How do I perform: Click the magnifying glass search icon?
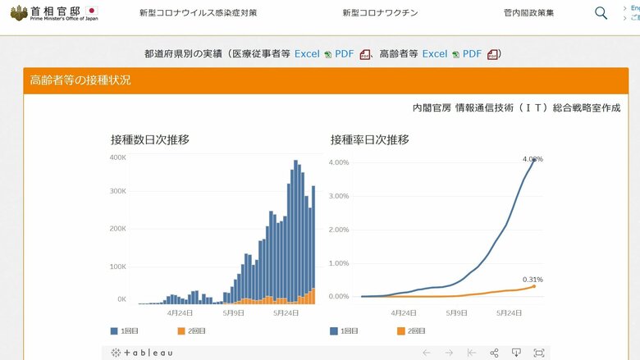coord(601,13)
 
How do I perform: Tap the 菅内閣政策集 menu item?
coord(528,13)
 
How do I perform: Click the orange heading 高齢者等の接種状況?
coord(80,80)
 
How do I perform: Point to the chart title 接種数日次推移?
coord(150,139)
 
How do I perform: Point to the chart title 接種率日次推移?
coord(369,139)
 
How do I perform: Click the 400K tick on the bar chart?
coord(117,157)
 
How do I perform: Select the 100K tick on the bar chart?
coord(117,267)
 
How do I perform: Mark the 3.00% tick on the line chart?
coord(340,196)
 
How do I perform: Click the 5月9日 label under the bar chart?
coord(234,312)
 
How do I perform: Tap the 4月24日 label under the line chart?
coord(404,312)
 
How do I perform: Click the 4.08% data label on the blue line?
coord(533,159)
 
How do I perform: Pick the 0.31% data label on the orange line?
coord(533,280)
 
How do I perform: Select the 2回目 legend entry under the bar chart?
coord(193,331)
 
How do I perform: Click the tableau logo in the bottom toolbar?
coord(142,353)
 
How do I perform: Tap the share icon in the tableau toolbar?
coord(494,353)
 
